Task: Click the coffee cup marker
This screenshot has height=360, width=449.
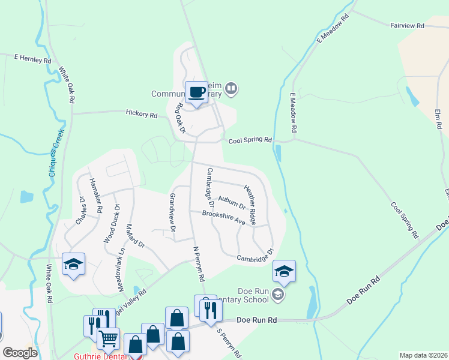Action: point(196,92)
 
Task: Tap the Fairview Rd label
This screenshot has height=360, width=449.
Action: point(407,26)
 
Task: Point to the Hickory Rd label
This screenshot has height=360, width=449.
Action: point(142,113)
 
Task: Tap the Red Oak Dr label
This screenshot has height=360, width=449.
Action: point(179,116)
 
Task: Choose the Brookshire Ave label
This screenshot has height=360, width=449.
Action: point(224,217)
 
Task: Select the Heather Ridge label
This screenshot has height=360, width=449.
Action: point(250,205)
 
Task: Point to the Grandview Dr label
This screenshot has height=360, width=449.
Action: point(172,212)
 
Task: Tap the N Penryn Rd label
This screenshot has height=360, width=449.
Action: point(199,263)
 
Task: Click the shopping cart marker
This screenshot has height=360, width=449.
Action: point(109,338)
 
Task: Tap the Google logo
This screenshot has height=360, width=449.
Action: point(20,352)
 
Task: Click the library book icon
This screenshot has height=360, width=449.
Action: point(232,90)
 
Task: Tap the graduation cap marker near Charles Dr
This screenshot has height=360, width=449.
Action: point(73,264)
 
